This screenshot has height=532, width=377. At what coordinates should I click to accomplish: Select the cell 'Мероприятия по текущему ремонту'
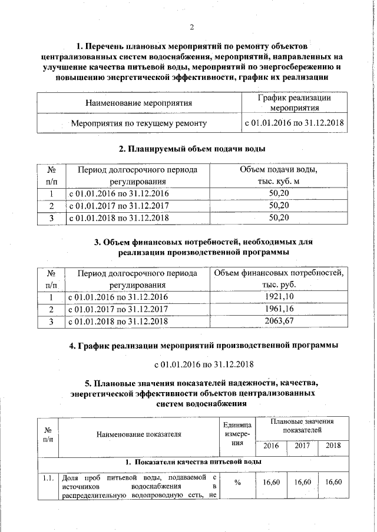point(139,124)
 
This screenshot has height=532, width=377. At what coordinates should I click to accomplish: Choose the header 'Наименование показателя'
point(140,434)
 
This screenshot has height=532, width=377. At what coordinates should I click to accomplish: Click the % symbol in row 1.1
point(237,483)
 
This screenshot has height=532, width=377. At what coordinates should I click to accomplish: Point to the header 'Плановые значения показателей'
point(302,426)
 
